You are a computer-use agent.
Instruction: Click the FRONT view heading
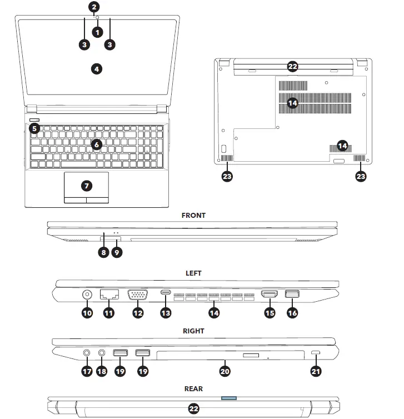point(193,216)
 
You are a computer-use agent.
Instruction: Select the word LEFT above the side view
point(193,273)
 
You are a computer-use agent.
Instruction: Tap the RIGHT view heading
point(193,331)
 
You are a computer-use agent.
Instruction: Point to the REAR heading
point(193,388)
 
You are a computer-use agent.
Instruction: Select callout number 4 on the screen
point(96,69)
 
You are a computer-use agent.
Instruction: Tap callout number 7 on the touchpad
point(86,185)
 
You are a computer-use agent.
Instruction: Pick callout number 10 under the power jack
point(87,313)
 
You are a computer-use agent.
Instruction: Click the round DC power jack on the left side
point(87,295)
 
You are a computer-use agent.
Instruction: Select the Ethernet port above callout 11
point(108,295)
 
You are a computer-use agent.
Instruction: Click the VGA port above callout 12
point(137,295)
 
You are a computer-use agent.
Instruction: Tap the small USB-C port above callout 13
point(166,292)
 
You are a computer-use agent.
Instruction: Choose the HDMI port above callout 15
point(270,295)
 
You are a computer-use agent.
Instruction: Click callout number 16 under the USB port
point(292,313)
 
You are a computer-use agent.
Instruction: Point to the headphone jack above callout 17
point(87,353)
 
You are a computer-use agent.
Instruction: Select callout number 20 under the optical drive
point(225,371)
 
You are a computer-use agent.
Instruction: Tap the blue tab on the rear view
point(228,398)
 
